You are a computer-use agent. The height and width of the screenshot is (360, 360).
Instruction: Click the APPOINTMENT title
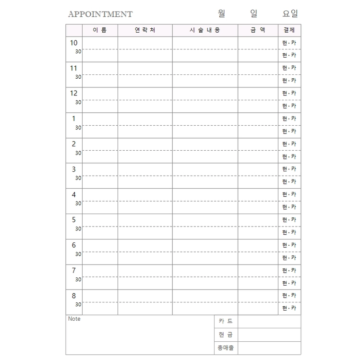tap(100, 14)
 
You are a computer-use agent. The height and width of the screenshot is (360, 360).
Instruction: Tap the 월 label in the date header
tap(221, 13)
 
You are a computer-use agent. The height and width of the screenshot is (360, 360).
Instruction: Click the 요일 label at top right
tap(290, 13)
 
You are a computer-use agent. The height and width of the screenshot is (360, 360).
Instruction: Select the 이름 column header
tap(100, 30)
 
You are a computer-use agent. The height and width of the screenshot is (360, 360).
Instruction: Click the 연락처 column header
tap(145, 30)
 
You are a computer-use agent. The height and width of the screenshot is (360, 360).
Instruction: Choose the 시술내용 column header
tap(204, 30)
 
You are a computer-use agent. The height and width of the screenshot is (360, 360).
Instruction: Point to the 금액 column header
tap(258, 30)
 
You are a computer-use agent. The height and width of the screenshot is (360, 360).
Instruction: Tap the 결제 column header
tap(289, 30)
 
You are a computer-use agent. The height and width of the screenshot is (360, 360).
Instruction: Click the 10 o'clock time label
tap(73, 43)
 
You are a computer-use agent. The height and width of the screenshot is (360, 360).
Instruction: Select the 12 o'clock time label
tap(73, 93)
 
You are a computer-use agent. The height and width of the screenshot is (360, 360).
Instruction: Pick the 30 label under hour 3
tap(78, 178)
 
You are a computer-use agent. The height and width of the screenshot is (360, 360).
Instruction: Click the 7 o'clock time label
tap(74, 270)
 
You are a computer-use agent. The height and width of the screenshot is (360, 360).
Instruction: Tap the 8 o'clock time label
tap(74, 296)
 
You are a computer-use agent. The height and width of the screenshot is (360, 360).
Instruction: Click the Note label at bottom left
tap(74, 319)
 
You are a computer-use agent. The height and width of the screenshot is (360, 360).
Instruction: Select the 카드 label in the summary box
tap(226, 321)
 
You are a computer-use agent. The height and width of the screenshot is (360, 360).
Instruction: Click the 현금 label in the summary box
tap(226, 335)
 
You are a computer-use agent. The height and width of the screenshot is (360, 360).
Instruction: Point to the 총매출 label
tap(226, 348)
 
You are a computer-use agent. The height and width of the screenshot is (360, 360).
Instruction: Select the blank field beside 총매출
tap(269, 348)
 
